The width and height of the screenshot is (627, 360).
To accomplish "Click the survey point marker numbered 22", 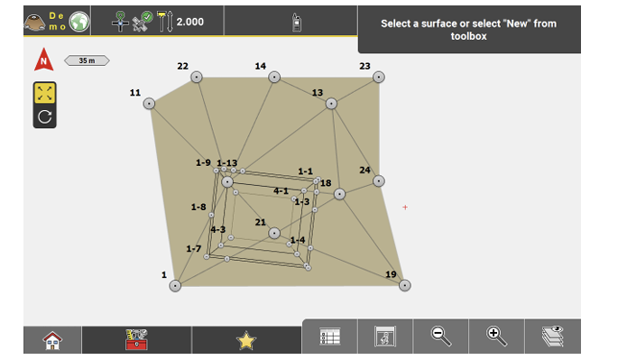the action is (x=197, y=78).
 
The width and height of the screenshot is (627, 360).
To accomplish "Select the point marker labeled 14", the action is (x=274, y=78).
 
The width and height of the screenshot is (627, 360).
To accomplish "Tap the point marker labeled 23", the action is (x=379, y=78).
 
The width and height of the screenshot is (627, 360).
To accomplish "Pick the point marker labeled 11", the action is (x=149, y=104).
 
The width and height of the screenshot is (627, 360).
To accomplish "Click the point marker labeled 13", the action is (x=331, y=104).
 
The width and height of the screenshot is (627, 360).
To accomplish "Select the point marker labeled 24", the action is (x=379, y=181).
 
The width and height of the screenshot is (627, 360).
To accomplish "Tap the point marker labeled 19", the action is (x=405, y=286).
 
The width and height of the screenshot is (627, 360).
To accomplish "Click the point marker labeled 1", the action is (x=175, y=286).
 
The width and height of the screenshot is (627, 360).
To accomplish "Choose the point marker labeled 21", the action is (x=274, y=233).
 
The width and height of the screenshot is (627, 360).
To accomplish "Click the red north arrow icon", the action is (x=44, y=60).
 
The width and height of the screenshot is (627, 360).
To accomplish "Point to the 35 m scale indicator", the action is (x=87, y=60).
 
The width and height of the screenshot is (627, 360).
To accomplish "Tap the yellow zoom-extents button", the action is (x=45, y=94).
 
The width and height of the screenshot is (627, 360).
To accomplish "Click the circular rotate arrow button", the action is (x=45, y=116).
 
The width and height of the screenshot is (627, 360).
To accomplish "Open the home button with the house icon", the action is (x=52, y=340).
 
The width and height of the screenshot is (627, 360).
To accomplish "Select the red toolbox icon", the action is (x=136, y=340).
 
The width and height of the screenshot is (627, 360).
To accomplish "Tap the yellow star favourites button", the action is (x=246, y=340).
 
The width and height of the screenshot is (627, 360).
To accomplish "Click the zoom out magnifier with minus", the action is (x=441, y=336).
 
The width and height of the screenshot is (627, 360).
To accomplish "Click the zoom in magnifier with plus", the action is (x=497, y=336).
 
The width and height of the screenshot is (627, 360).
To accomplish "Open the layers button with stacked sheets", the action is (x=553, y=336).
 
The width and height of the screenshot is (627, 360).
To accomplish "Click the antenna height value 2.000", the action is (x=190, y=22).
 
